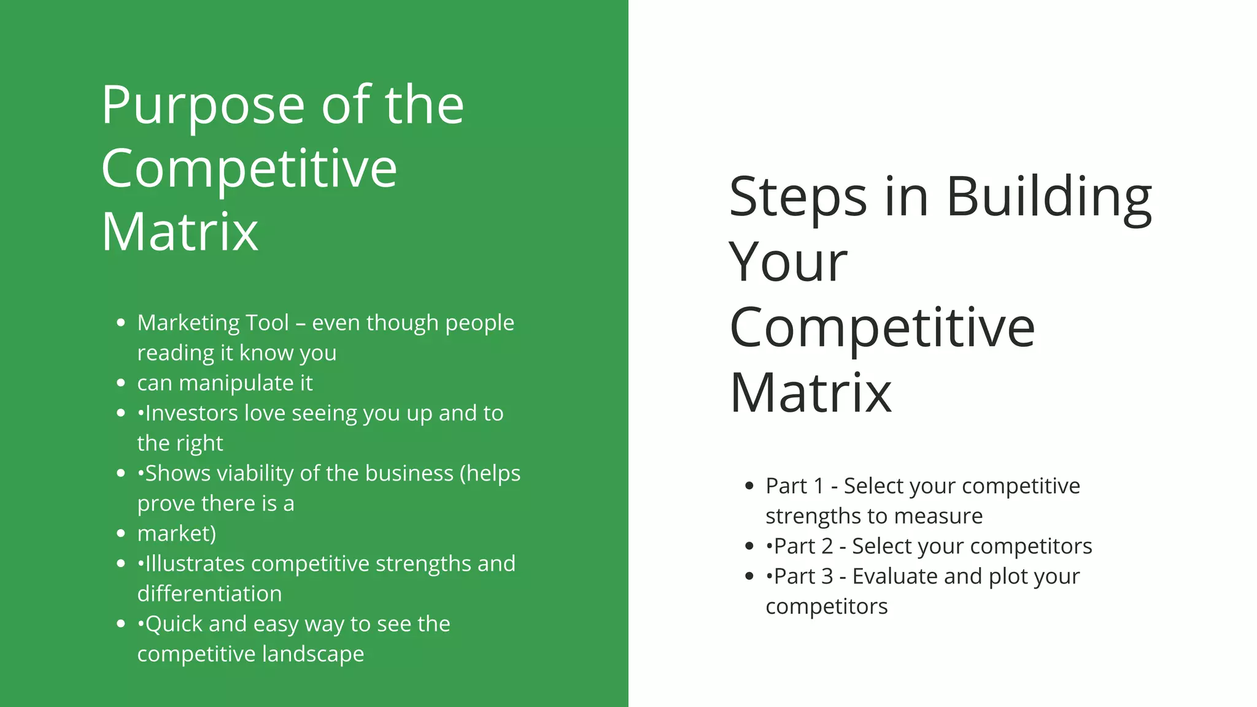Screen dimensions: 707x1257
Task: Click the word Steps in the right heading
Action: (797, 198)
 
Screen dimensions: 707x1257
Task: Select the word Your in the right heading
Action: (788, 263)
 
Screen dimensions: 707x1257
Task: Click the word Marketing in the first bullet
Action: (188, 323)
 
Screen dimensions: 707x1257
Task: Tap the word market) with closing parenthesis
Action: (177, 534)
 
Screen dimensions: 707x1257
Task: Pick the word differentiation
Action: (209, 594)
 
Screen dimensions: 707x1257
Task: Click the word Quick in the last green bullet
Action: (173, 624)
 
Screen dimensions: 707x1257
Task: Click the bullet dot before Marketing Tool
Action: (121, 323)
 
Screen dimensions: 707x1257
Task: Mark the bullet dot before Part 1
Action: (749, 486)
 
